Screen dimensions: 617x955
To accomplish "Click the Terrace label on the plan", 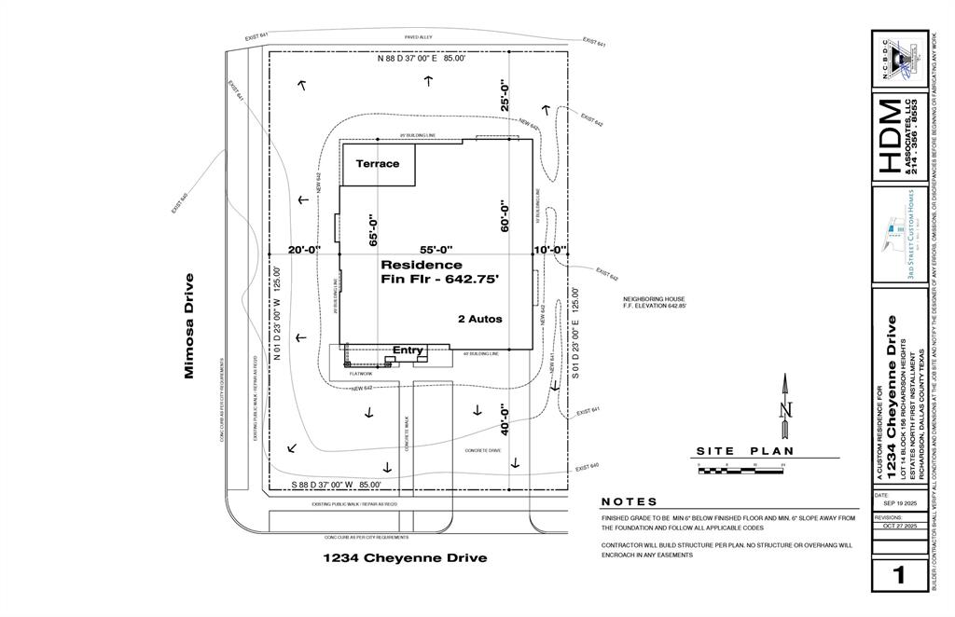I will point(377,164).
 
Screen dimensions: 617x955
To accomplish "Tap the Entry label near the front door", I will point(408,350).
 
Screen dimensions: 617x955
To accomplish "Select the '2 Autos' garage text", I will point(479,319).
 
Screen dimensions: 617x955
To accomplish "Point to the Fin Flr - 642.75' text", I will point(440,279).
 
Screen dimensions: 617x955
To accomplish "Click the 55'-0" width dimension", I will point(436,250).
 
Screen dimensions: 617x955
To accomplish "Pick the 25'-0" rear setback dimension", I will point(505,96).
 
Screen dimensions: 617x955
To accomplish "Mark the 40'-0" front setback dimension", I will point(505,419).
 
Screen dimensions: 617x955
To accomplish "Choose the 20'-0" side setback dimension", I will point(304,250).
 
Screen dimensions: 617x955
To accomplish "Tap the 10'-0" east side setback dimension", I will point(549,250).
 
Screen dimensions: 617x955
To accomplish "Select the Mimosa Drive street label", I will point(189,325).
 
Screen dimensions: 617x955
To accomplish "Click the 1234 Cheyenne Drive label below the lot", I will point(405,558).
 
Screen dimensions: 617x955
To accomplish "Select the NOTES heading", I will point(630,501).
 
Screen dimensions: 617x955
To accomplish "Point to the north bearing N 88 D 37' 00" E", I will point(421,58).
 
